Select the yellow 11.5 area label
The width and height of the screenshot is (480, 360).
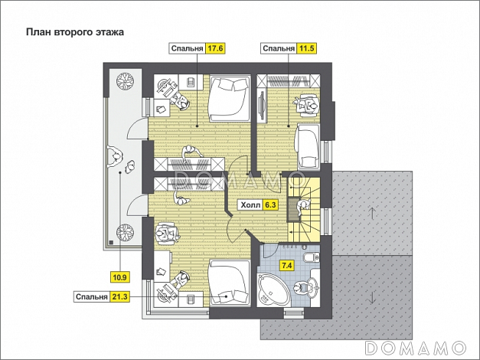click(x=307, y=49)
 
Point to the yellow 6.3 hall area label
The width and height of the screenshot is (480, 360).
click(x=269, y=205)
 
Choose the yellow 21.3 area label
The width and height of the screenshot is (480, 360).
click(x=120, y=296)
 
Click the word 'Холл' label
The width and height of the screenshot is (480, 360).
click(x=250, y=205)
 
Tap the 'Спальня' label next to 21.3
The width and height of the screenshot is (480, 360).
click(x=92, y=296)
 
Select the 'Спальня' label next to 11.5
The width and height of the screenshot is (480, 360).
click(x=279, y=49)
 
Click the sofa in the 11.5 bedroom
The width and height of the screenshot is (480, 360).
click(x=309, y=143)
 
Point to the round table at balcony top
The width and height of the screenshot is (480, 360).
click(x=122, y=80)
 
